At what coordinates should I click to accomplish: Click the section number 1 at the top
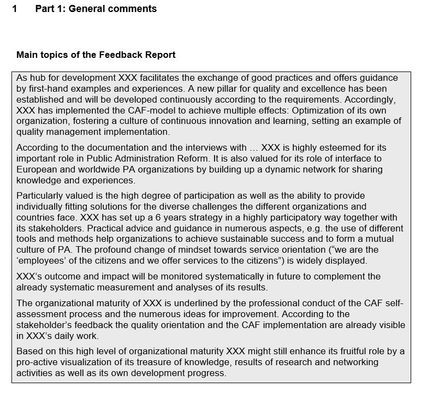(15, 9)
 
